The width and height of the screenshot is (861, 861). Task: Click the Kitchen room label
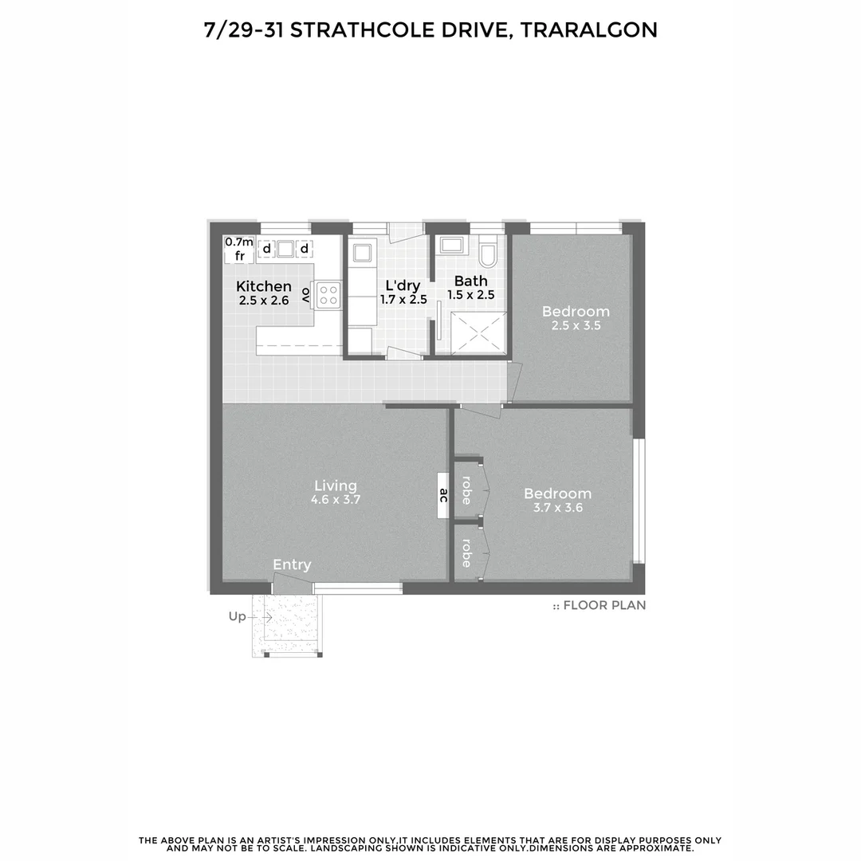264,286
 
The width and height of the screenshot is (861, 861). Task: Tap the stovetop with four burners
328,296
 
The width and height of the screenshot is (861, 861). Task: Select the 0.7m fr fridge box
239,250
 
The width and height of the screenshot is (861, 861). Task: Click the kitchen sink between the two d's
285,249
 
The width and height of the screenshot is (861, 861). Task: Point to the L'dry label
403,285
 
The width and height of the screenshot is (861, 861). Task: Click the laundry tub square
362,253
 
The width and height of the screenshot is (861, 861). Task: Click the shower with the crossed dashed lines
478,333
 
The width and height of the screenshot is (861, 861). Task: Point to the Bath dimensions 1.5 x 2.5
471,295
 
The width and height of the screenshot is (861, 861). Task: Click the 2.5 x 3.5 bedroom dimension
576,325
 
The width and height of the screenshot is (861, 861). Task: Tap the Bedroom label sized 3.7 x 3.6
558,493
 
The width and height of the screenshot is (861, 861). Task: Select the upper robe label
466,489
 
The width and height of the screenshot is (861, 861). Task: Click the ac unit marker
442,497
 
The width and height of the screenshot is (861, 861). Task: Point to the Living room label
336,485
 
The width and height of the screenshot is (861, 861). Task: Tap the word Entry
292,564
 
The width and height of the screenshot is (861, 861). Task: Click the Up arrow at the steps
266,616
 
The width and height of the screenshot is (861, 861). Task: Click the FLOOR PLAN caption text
604,605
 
